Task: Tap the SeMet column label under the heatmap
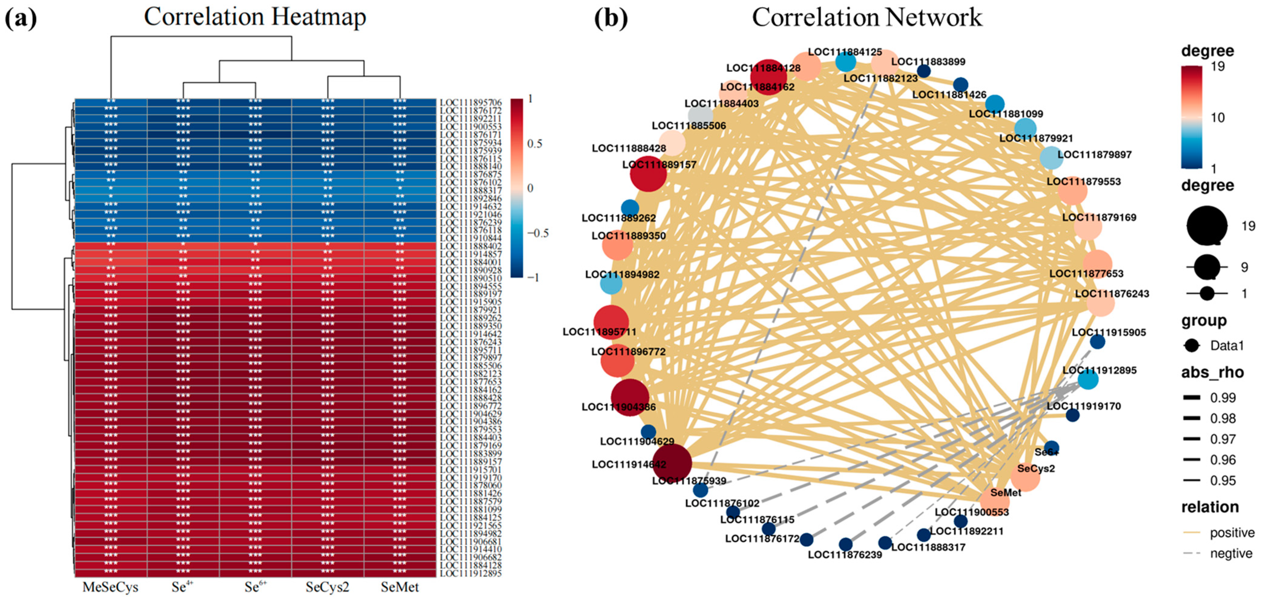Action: coord(400,587)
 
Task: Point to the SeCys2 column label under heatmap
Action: coord(327,587)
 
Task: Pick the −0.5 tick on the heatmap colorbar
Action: coord(537,233)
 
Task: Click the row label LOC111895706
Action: coord(470,102)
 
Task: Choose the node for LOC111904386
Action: coord(630,397)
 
